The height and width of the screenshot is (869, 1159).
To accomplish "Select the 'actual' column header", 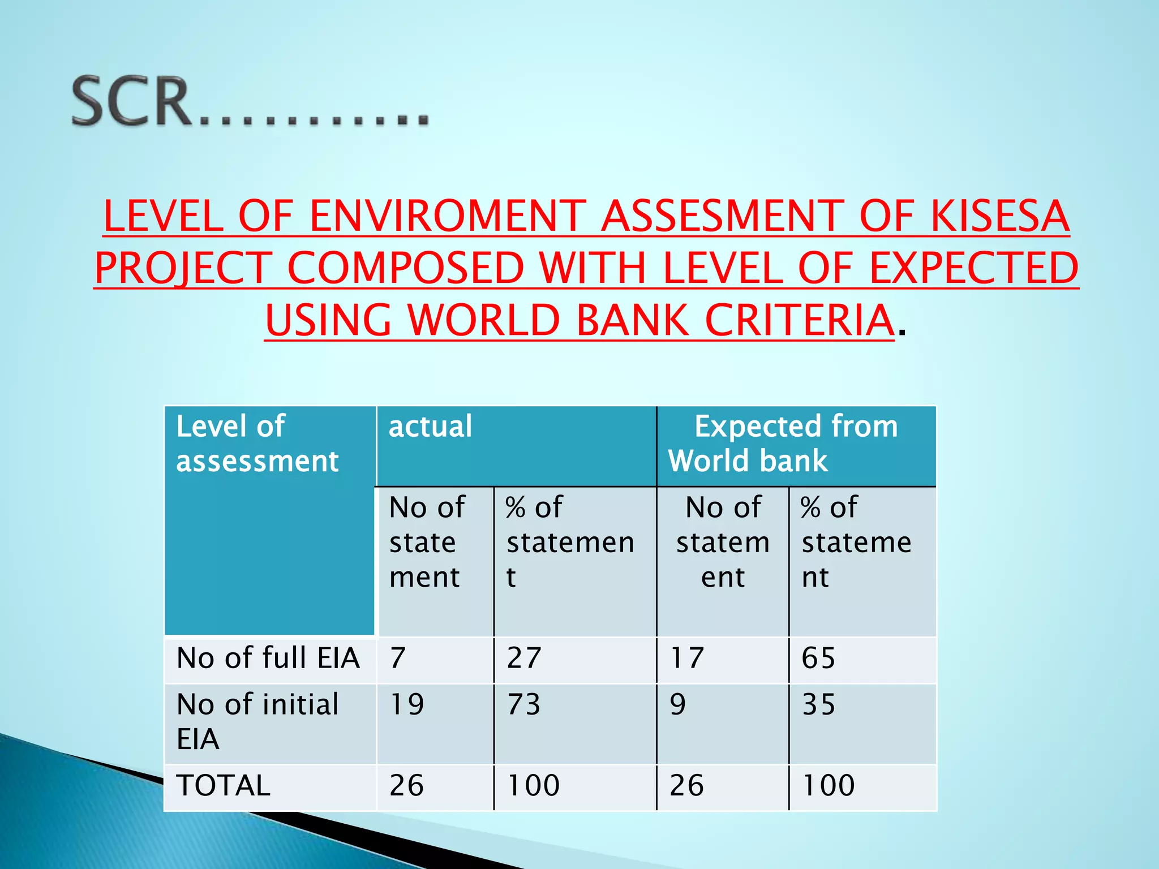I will [430, 427].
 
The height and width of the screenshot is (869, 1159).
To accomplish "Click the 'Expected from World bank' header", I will [795, 444].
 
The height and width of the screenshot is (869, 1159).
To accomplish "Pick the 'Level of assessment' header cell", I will [258, 444].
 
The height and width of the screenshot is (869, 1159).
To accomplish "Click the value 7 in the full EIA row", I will [398, 659].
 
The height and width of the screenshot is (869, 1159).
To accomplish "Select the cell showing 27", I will [524, 659].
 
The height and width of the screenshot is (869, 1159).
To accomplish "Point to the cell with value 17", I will [687, 659].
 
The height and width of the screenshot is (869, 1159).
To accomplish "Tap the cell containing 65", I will [818, 659].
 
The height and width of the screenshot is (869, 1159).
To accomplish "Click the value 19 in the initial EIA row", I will [407, 705].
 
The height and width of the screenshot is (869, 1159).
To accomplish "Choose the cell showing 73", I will [524, 705].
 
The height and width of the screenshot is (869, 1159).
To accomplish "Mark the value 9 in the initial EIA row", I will [678, 705].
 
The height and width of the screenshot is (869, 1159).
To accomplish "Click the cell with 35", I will [818, 705].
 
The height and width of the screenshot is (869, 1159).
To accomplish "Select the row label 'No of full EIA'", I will [268, 659].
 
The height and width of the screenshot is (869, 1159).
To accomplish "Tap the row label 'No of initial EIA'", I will [258, 721].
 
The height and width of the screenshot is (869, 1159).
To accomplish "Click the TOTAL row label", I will [224, 786].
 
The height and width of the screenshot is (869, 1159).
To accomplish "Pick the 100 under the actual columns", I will [533, 786].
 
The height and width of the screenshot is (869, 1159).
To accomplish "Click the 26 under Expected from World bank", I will [687, 786].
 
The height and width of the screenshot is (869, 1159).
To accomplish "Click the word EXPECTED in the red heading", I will [974, 269].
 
